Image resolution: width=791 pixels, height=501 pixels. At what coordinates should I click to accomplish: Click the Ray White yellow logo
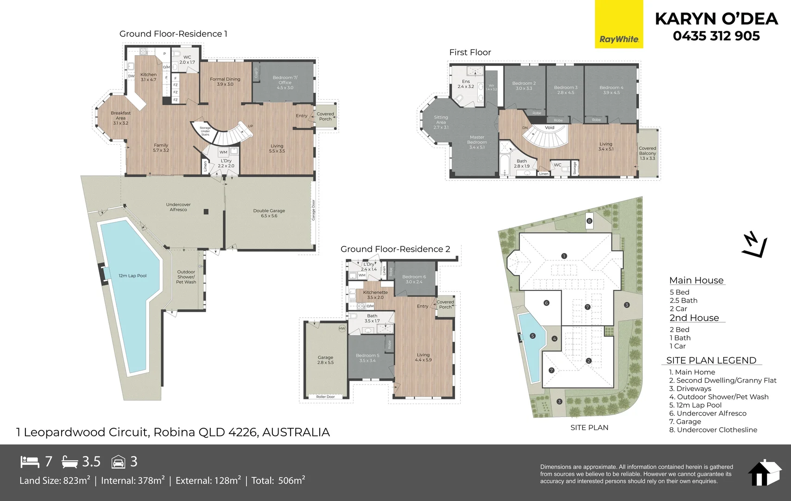[x=619, y=24]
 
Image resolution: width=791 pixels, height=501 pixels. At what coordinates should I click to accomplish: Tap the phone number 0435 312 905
[x=716, y=36]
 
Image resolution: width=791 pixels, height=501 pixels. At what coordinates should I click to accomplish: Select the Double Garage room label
[x=269, y=213]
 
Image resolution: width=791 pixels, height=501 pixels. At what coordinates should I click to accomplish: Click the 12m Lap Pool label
[x=132, y=276]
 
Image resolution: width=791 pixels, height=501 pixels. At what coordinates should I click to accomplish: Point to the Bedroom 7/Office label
[x=285, y=83]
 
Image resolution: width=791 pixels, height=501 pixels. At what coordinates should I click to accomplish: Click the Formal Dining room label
[x=225, y=82]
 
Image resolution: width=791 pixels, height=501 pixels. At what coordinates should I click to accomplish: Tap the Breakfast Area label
[x=120, y=118]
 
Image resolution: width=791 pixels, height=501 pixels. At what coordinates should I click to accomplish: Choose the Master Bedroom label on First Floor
[x=477, y=142]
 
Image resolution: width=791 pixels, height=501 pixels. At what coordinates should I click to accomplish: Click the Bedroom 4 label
[x=611, y=90]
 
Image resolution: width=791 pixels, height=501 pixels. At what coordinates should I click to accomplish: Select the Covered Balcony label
[x=647, y=153]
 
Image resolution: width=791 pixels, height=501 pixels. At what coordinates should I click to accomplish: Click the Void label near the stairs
[x=550, y=128]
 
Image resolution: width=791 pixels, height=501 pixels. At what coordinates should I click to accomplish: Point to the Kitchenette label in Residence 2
[x=375, y=295]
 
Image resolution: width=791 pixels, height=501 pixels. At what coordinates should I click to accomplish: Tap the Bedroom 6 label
[x=414, y=279]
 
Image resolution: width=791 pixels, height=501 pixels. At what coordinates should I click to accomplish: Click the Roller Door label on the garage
[x=325, y=397]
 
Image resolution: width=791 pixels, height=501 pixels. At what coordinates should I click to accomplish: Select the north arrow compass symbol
[x=753, y=245]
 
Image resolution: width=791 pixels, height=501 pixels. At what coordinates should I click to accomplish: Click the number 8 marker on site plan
[x=589, y=221]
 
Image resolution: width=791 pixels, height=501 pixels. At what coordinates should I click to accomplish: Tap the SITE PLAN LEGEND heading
[x=711, y=360]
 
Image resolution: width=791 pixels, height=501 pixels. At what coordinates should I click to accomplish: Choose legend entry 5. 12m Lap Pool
[x=695, y=405]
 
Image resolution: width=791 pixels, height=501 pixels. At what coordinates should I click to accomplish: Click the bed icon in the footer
[x=30, y=462]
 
